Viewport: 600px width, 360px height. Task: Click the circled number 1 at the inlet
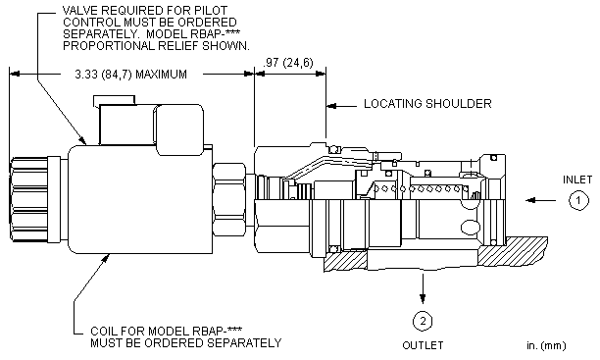coord(578,200)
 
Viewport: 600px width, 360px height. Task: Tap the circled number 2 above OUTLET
coord(423,321)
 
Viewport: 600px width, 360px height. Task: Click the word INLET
coord(577,180)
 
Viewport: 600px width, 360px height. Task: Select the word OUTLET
coord(423,345)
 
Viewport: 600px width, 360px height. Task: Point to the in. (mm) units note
coord(546,346)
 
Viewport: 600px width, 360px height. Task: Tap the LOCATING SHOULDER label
coord(427,104)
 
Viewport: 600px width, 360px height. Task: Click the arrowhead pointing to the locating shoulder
coord(331,105)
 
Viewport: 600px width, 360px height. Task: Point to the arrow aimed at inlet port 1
coord(541,200)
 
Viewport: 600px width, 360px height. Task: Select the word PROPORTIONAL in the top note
coord(108,46)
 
